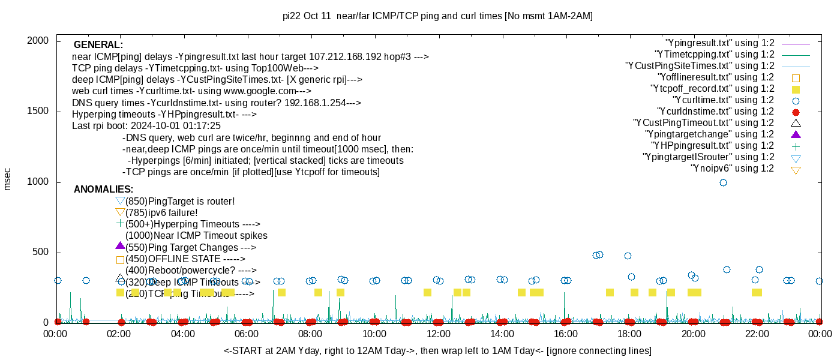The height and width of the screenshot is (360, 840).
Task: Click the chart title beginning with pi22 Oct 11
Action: [x=437, y=16]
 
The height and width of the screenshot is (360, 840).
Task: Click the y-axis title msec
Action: [x=7, y=178]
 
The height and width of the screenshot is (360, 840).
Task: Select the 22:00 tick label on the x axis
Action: [x=757, y=334]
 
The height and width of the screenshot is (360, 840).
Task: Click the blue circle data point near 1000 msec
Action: [x=723, y=182]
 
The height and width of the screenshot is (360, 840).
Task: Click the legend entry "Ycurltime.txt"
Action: [x=723, y=100]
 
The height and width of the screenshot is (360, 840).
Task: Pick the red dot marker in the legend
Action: [x=796, y=112]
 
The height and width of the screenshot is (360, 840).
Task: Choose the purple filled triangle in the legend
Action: [x=796, y=134]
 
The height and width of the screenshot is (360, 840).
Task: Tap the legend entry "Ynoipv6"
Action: [x=732, y=169]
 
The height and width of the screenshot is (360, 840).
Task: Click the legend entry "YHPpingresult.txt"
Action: [x=713, y=146]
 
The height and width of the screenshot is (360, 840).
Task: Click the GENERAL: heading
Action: [x=98, y=45]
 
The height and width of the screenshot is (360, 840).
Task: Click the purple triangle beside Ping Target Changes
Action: [x=120, y=246]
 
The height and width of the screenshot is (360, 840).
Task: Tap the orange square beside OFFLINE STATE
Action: [x=120, y=260]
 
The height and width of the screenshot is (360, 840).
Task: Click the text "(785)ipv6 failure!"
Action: [x=161, y=213]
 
